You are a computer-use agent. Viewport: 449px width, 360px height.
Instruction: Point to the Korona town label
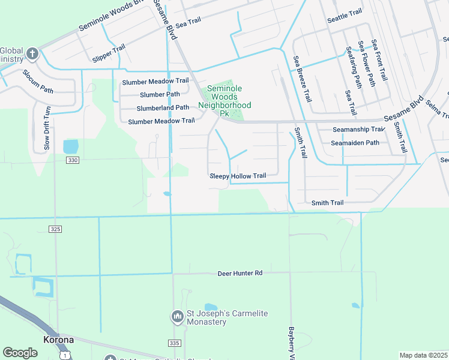point(59,340)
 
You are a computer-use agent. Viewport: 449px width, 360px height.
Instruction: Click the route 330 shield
point(73,160)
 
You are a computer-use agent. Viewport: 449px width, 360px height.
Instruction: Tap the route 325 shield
point(55,229)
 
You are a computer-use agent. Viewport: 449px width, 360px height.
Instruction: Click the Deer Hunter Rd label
point(240,274)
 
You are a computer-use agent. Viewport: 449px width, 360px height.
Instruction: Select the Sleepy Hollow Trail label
point(238,176)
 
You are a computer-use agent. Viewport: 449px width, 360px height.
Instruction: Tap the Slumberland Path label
point(163,107)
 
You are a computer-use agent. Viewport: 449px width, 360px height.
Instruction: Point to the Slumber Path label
point(160,94)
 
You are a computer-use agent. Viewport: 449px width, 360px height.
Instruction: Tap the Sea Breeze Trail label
point(301,78)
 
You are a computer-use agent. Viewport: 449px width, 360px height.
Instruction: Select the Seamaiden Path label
point(355,143)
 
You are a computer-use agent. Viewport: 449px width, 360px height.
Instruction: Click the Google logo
point(20,352)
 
